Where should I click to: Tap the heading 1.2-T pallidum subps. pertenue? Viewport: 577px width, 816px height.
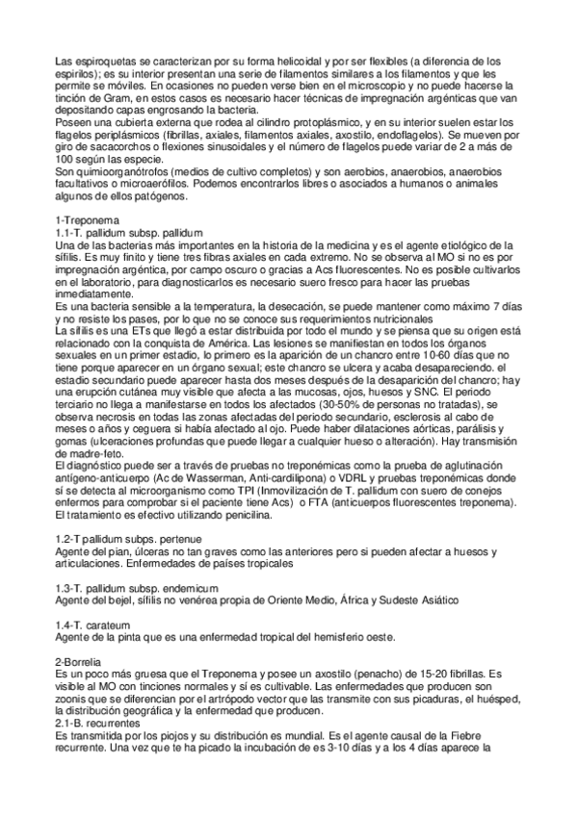coord(129,539)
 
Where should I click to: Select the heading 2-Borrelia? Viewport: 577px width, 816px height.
coord(80,662)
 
